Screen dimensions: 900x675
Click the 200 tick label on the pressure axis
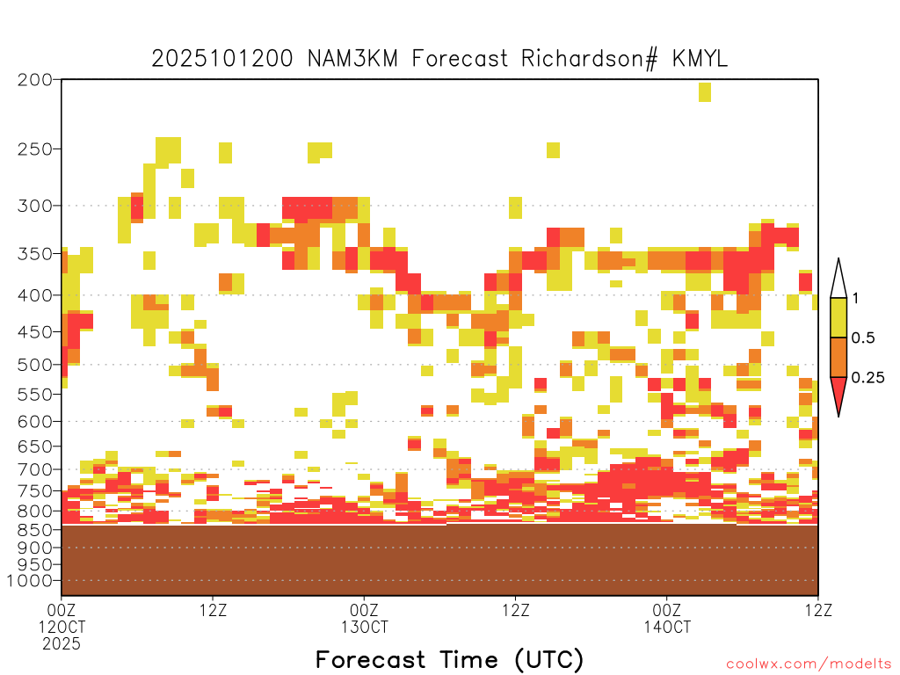(35, 80)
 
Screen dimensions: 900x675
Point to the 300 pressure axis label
(35, 206)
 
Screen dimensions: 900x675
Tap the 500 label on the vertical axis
(35, 365)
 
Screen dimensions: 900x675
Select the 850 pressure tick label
(35, 529)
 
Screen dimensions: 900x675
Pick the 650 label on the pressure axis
(35, 446)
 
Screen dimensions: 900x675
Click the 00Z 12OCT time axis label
(62, 618)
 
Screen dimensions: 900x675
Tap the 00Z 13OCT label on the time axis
(365, 618)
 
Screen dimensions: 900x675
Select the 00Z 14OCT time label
(667, 618)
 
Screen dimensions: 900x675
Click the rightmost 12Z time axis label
(818, 610)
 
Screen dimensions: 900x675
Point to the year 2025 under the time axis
(62, 643)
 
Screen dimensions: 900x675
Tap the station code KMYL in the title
(700, 59)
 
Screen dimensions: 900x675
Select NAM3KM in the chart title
(352, 59)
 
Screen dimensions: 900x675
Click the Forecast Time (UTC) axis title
(449, 659)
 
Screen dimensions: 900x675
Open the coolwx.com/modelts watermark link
(809, 664)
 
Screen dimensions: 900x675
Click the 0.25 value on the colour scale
(867, 378)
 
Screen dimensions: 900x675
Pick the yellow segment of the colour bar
(838, 317)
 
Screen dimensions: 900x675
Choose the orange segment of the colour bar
(838, 357)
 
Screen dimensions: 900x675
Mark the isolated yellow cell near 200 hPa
(705, 91)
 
